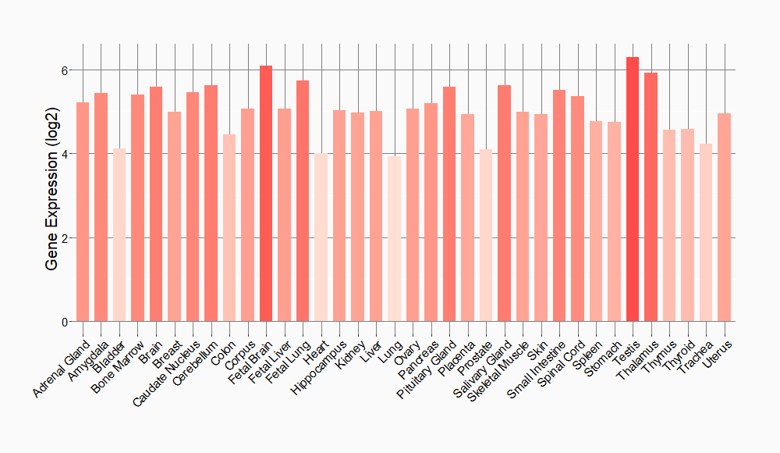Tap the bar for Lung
394,239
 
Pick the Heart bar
321,237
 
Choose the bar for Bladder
119,235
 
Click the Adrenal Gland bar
83,212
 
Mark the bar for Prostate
485,235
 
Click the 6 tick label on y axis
66,70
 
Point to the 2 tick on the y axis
66,237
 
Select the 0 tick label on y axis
66,321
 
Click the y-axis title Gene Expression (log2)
51,196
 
